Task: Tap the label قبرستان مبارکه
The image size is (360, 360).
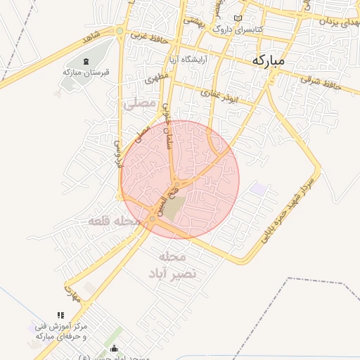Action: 79,72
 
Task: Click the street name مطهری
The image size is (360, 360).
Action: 155,77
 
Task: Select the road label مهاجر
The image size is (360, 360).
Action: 72,292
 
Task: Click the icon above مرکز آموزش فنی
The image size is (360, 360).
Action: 59,316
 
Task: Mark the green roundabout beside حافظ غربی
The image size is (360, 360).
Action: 120,31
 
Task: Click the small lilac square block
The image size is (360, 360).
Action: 259,188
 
